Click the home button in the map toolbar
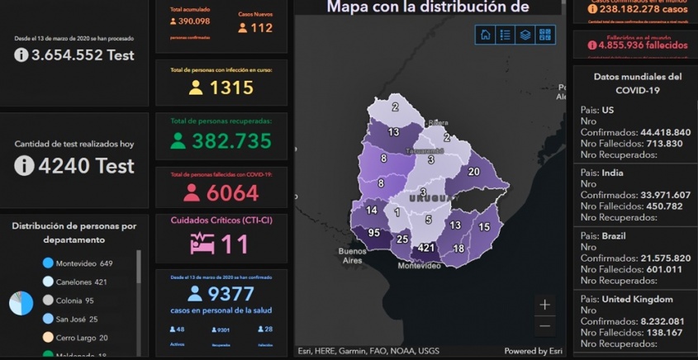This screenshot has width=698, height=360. [485, 35]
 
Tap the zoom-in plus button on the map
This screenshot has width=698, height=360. [544, 305]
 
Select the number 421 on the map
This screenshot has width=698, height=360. [426, 248]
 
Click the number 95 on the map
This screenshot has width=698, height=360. [374, 233]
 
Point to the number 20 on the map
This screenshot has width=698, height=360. [473, 172]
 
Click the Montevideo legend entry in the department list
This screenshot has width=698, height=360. [83, 263]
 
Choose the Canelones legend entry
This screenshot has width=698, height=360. [81, 282]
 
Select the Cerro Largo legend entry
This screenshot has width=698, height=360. [81, 338]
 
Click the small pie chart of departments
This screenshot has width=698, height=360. [21, 303]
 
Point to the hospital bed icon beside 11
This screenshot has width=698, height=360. [202, 244]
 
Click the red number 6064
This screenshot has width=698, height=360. [232, 192]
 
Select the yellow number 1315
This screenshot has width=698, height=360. [231, 88]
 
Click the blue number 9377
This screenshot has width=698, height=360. [231, 294]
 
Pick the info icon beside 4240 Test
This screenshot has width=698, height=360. [24, 165]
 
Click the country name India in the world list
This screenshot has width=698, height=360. [613, 173]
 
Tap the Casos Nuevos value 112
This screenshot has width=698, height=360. [261, 28]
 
